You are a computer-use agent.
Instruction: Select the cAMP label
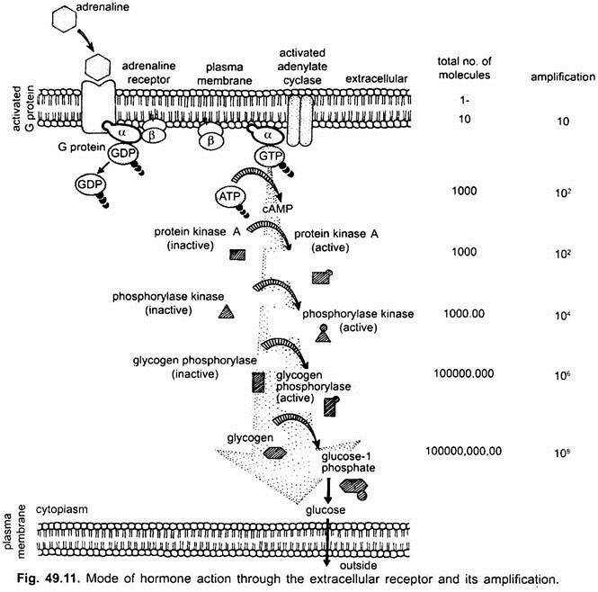[278, 210]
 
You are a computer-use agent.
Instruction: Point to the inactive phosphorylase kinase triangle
[228, 310]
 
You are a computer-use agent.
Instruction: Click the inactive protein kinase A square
[237, 254]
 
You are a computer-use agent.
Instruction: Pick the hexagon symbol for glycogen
[275, 452]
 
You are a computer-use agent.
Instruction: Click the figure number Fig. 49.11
[39, 574]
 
